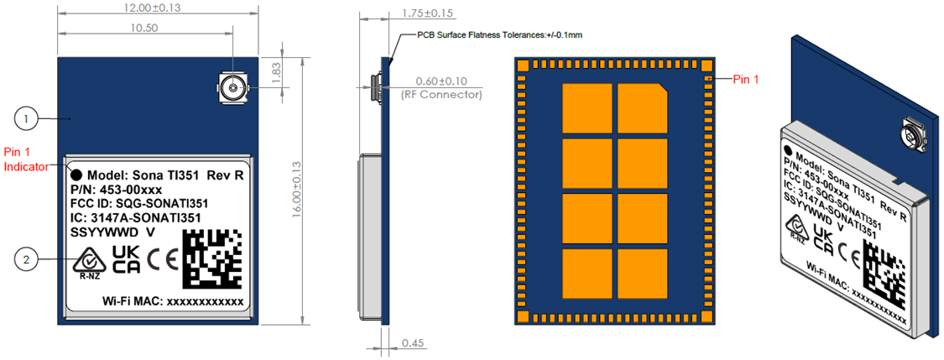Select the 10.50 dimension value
pyautogui.click(x=143, y=28)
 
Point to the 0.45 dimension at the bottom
pyautogui.click(x=413, y=343)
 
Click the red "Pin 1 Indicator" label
pyautogui.click(x=22, y=159)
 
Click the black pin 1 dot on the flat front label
pyautogui.click(x=76, y=175)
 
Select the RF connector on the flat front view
pyautogui.click(x=229, y=85)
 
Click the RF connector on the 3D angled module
pyautogui.click(x=911, y=135)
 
